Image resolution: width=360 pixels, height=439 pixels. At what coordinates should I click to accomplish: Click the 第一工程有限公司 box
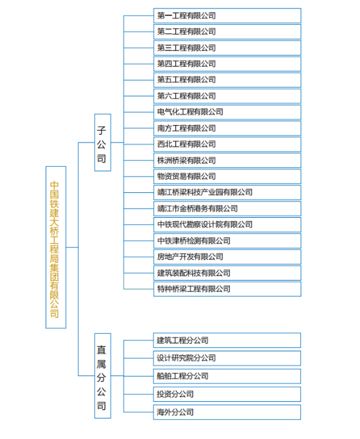(x=227, y=16)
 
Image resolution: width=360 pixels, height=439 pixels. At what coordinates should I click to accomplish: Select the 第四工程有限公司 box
(x=227, y=64)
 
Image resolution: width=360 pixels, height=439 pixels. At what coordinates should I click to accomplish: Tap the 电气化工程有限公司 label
(x=190, y=112)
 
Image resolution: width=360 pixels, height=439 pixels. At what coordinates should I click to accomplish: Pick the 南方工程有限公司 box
(x=227, y=128)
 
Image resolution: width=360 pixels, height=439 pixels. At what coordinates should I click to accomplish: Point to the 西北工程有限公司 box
(x=227, y=144)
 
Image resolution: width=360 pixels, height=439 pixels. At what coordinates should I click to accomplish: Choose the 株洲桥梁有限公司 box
(x=227, y=160)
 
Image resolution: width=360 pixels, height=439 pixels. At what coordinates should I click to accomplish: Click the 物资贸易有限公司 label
(x=187, y=177)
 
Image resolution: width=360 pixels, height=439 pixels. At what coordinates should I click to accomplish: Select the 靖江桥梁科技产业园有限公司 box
(x=227, y=192)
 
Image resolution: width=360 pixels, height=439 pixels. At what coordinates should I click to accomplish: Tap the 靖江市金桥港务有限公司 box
(x=227, y=209)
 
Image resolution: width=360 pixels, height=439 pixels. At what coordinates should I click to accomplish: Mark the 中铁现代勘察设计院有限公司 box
(x=227, y=224)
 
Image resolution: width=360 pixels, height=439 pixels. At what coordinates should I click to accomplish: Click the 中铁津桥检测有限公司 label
(x=194, y=241)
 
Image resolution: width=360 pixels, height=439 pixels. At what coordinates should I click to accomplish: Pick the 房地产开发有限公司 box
(x=227, y=256)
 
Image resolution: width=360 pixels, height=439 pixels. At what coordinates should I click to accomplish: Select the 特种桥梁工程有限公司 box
(x=227, y=289)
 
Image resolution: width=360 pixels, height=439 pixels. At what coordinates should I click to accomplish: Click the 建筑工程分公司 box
(x=227, y=340)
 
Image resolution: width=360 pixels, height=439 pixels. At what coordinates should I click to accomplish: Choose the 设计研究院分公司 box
(x=227, y=359)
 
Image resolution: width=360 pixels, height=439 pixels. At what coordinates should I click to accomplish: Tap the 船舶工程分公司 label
(x=183, y=376)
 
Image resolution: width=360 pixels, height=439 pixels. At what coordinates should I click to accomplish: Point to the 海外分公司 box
(x=227, y=412)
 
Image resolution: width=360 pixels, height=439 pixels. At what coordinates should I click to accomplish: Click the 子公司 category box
(x=103, y=143)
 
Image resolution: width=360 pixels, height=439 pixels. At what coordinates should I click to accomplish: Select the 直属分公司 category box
(x=103, y=376)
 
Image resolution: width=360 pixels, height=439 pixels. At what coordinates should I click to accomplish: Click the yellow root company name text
(x=54, y=250)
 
